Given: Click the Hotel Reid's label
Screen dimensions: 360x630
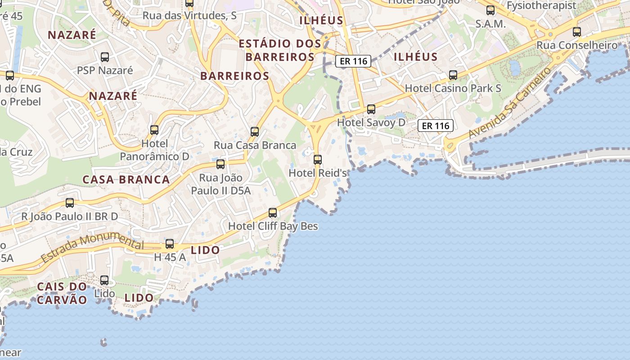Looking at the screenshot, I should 318,173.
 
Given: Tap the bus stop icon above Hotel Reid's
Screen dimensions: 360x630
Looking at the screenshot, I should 318,159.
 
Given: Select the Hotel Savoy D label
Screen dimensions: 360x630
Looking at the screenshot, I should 371,122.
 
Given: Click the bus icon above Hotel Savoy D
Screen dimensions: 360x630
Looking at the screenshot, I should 371,109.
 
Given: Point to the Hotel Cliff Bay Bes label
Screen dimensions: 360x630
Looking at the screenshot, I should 273,226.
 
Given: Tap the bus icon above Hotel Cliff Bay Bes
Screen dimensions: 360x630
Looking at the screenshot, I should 273,212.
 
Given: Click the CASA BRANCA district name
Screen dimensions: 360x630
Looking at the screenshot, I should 126,180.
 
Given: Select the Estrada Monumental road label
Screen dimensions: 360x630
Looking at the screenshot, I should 92,248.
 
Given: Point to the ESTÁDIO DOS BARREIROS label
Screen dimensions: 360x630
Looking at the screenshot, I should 280,50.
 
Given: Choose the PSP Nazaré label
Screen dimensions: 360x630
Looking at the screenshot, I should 105,70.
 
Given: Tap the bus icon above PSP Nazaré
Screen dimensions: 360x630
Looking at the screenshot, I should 105,57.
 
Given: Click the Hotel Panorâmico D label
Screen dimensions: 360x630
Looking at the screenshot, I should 154,150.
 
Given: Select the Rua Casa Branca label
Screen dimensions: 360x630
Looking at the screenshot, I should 255,145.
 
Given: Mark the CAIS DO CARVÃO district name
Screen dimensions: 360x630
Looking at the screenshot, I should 62,293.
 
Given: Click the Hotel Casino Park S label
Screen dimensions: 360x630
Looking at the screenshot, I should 453,88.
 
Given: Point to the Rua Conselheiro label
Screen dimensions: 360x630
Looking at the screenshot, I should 577,45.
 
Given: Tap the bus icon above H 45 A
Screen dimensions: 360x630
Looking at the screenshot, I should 170,244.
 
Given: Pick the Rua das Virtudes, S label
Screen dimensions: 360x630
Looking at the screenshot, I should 189,15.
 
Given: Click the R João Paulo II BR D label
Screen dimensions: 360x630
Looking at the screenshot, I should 70,216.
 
